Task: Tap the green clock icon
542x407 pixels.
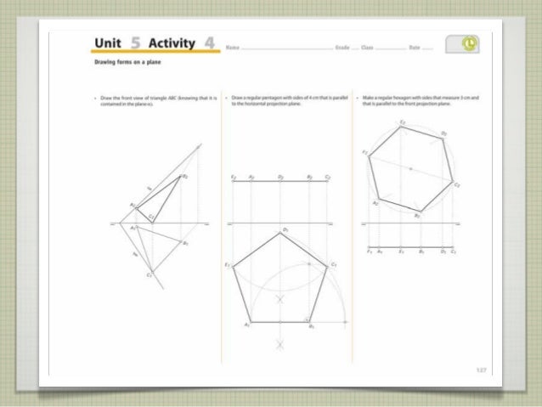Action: [469, 44]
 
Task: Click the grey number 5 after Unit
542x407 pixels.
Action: [136, 43]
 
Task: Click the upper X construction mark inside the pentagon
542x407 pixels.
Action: [280, 299]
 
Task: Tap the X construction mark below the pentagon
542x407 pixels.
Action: [280, 344]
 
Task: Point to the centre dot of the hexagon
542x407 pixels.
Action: [410, 169]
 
